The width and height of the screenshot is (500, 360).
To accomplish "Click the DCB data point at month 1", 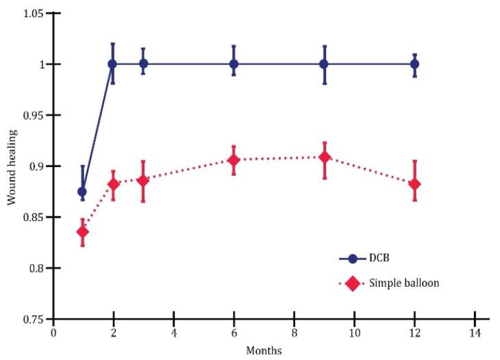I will coord(82,192).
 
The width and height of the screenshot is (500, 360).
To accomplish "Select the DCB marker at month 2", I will coord(112,64).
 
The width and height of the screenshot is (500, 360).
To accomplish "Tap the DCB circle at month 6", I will coord(234,64).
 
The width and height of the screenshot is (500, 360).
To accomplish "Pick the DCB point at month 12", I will coord(414,64).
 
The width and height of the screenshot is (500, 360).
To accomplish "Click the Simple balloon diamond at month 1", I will coord(82,231).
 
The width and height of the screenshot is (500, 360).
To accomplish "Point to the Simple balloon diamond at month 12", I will coord(414,184).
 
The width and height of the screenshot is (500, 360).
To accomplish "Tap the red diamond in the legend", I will coord(353,283).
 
